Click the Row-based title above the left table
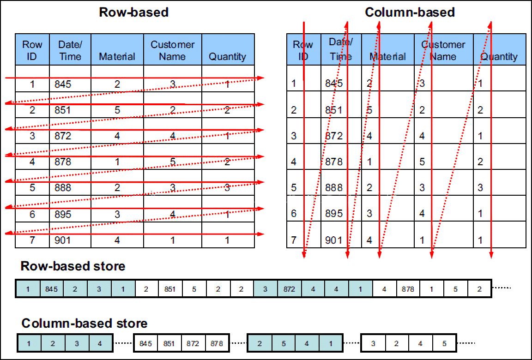click(x=133, y=12)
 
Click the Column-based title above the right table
click(x=410, y=12)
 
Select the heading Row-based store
click(x=73, y=266)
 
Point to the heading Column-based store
click(x=85, y=323)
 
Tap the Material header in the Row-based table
click(x=117, y=56)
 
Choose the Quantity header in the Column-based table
click(x=499, y=57)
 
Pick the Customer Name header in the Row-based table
click(x=172, y=50)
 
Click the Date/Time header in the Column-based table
click(x=341, y=49)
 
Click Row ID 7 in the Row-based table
click(x=32, y=240)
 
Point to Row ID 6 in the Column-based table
click(x=294, y=213)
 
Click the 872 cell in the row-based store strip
click(x=289, y=289)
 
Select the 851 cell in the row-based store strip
click(x=170, y=289)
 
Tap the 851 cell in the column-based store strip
click(x=169, y=343)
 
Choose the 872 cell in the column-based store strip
click(x=193, y=343)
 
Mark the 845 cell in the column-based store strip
click(x=145, y=343)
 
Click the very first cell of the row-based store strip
click(x=28, y=289)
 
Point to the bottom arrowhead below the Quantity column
click(x=491, y=255)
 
